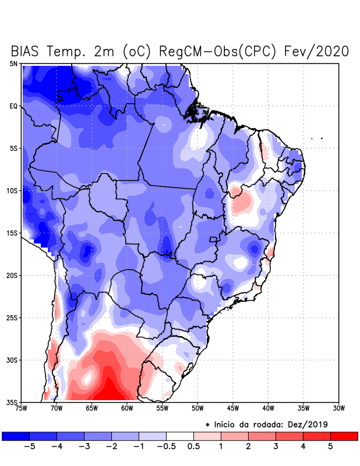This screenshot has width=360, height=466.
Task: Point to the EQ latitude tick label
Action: [x=13, y=106]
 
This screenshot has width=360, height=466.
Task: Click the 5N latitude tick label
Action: [x=13, y=63]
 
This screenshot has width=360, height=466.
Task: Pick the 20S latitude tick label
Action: [x=12, y=275]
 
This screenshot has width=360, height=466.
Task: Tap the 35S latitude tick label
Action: [x=12, y=402]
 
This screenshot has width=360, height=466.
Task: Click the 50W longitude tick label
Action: [x=197, y=408]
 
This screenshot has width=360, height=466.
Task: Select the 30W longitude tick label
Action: [x=338, y=408]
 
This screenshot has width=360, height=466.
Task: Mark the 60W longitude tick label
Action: [x=126, y=408]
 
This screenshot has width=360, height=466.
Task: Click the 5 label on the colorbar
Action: [x=330, y=446]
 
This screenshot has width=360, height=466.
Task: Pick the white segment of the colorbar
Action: [x=179, y=436]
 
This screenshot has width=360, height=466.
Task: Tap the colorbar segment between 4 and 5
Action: [x=316, y=436]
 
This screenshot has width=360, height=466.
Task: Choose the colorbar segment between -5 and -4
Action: [x=43, y=436]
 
